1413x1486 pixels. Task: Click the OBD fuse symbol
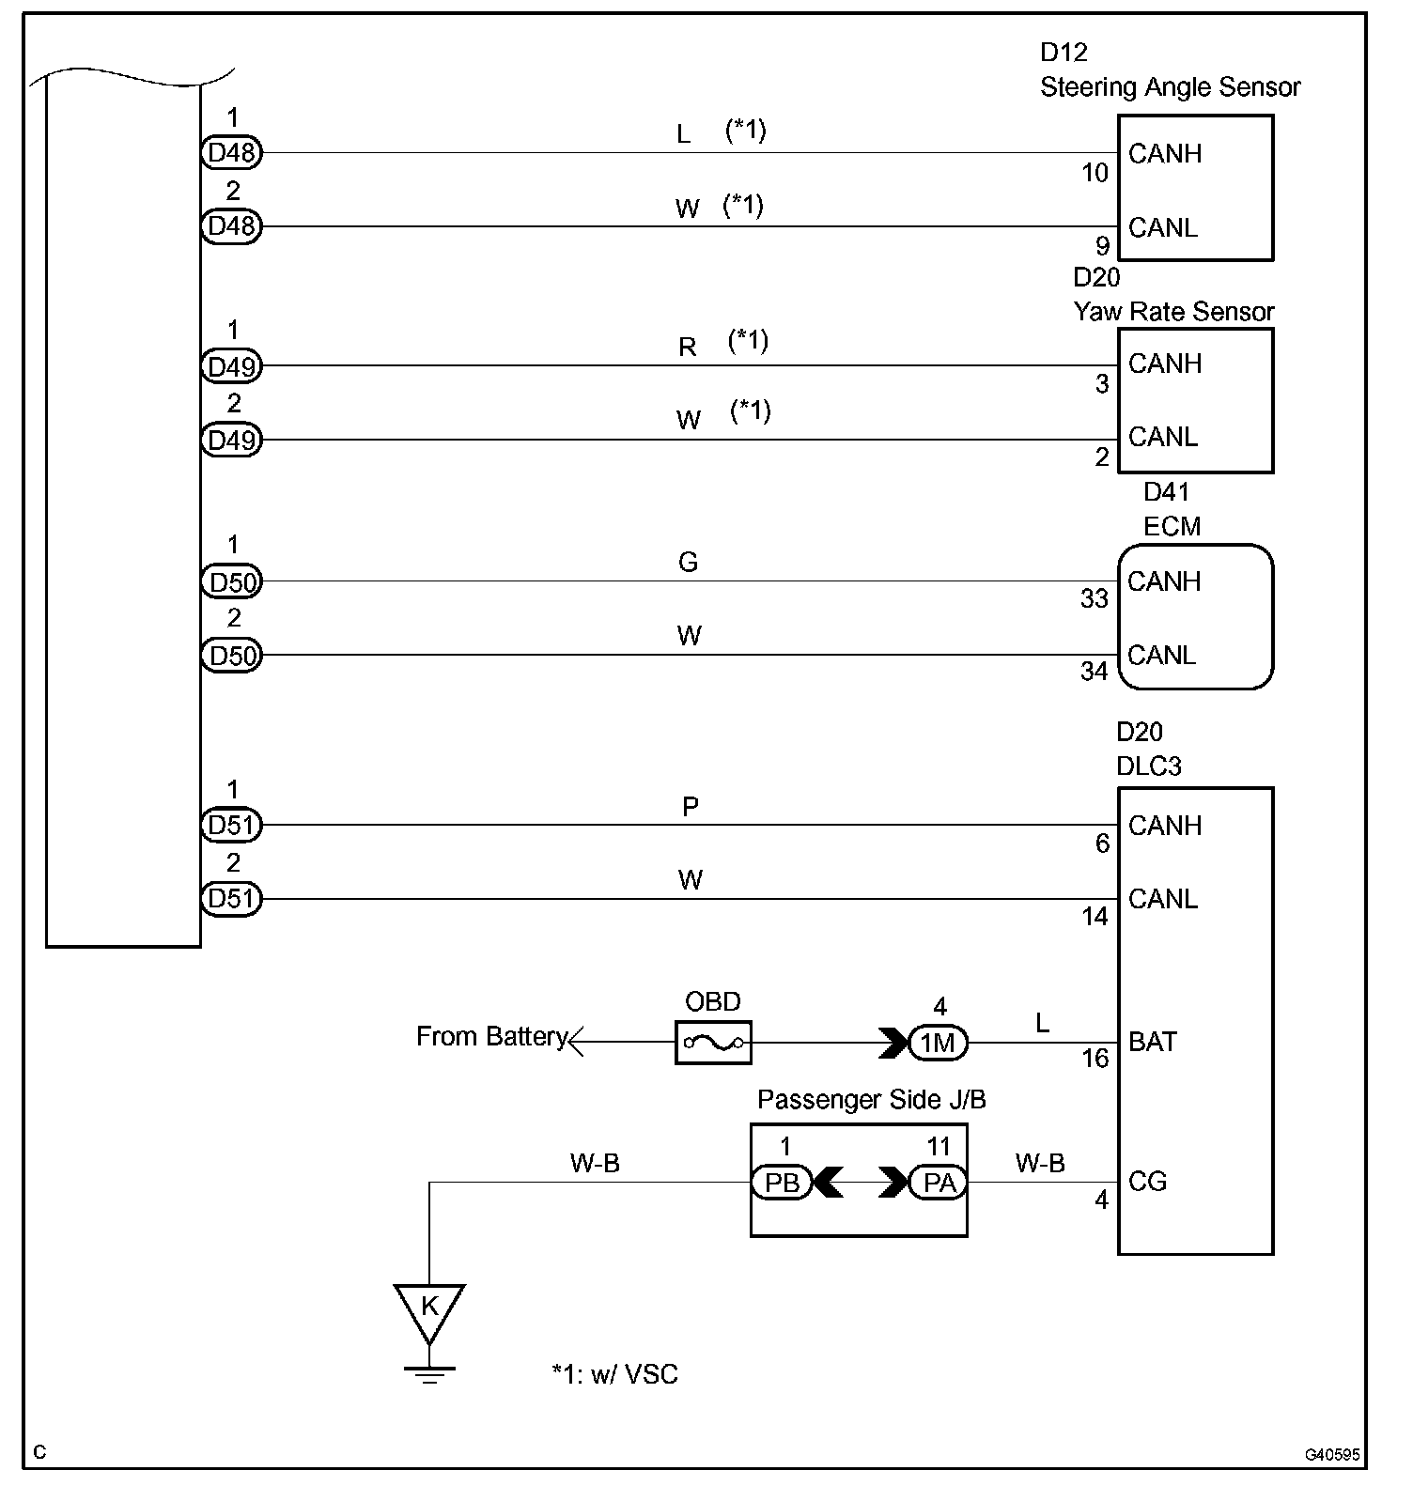point(712,1042)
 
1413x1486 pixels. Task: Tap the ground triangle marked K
point(428,1308)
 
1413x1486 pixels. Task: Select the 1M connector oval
point(938,1043)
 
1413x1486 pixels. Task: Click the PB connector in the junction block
point(781,1183)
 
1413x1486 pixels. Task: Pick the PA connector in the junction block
point(939,1183)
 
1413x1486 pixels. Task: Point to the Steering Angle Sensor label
point(1170,87)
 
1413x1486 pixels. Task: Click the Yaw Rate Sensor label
point(1173,312)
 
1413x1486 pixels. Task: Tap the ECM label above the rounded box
point(1172,526)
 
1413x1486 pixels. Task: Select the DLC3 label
point(1148,766)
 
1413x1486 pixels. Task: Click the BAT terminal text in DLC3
point(1152,1042)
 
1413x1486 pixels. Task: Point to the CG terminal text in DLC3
point(1147,1182)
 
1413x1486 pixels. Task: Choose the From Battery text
point(491,1036)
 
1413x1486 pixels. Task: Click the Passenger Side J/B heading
point(871,1099)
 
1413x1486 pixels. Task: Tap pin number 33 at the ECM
point(1094,598)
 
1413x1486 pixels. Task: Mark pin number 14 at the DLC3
point(1095,917)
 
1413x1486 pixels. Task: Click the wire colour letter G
point(688,562)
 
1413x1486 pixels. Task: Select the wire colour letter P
point(690,807)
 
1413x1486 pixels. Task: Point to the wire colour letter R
point(688,348)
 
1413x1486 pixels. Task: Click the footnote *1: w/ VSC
point(614,1374)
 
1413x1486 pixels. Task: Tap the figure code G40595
point(1331,1455)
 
